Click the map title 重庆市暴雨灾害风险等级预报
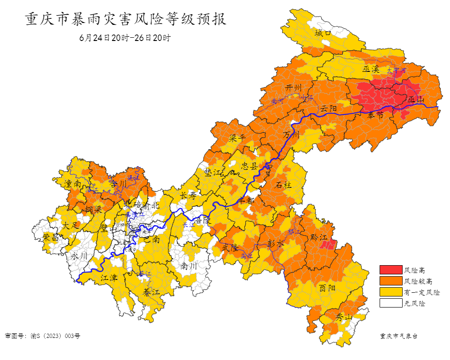(125, 20)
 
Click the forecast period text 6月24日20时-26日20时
(125, 38)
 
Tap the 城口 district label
(323, 33)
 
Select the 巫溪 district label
(370, 70)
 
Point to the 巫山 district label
(416, 100)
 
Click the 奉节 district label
(375, 116)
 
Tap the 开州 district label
(294, 87)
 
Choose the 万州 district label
(291, 134)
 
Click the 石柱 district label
(283, 186)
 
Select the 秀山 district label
(343, 317)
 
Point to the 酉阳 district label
(327, 288)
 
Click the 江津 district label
(109, 278)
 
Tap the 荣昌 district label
(51, 237)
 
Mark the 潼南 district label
(73, 183)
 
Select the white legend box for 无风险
(390, 303)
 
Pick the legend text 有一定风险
(421, 292)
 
